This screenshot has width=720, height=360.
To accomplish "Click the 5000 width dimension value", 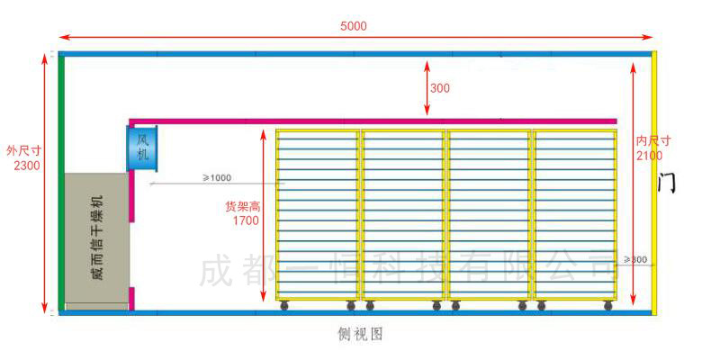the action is click(x=354, y=26).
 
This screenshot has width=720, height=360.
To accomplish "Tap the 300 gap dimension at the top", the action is click(x=440, y=88).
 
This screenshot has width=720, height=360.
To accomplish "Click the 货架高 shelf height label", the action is click(x=242, y=206).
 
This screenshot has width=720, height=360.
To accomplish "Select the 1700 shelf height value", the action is click(x=246, y=220).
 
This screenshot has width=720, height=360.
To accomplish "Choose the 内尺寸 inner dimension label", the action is click(x=652, y=141).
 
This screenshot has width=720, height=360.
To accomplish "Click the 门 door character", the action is click(x=667, y=182).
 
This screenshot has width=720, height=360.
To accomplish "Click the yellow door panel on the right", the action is click(x=655, y=180).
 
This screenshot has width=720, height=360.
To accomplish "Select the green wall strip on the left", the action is click(x=61, y=180).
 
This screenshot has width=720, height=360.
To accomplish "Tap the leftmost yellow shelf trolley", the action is click(x=318, y=216).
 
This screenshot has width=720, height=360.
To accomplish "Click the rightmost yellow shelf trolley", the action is click(x=576, y=216).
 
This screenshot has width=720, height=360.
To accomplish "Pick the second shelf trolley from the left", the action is click(x=404, y=216).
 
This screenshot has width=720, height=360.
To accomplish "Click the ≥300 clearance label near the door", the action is click(x=634, y=260).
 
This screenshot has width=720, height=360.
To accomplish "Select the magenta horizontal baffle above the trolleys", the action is click(x=373, y=121).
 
